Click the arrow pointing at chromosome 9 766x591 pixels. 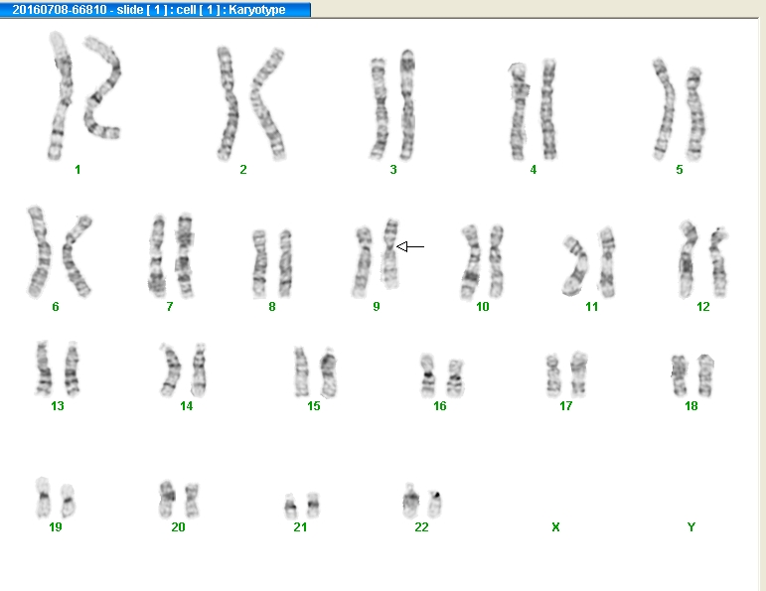pyautogui.click(x=410, y=246)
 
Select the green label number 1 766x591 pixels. pyautogui.click(x=77, y=170)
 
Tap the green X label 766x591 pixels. pyautogui.click(x=555, y=527)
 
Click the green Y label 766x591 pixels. pyautogui.click(x=690, y=527)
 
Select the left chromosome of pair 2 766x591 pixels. pyautogui.click(x=227, y=103)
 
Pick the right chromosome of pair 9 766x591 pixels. pyautogui.click(x=389, y=254)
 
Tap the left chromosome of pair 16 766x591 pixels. pyautogui.click(x=427, y=375)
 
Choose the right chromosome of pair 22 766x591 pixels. pyautogui.click(x=434, y=504)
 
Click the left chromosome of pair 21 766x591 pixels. pyautogui.click(x=290, y=507)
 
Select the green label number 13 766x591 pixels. pyautogui.click(x=58, y=406)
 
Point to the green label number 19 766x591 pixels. pyautogui.click(x=56, y=527)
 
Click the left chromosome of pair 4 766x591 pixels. pyautogui.click(x=519, y=111)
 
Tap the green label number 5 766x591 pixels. pyautogui.click(x=679, y=170)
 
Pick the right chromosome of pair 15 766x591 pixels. pyautogui.click(x=329, y=372)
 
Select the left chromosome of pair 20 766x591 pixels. pyautogui.click(x=167, y=500)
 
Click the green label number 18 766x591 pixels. pyautogui.click(x=690, y=406)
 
